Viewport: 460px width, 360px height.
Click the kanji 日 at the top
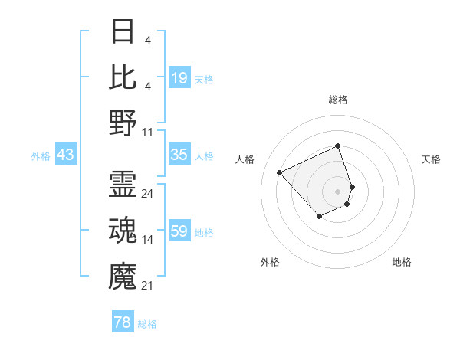123,31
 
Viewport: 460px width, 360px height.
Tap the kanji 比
123,77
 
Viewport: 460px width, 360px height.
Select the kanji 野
123,123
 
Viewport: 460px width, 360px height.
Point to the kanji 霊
123,185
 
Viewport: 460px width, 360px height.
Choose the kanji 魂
123,231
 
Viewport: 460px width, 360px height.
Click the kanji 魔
123,277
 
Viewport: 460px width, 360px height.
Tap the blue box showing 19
179,78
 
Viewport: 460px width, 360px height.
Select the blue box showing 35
179,155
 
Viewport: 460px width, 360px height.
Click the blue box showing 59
179,231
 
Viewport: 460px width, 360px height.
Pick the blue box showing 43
65,155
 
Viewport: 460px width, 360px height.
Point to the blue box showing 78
123,322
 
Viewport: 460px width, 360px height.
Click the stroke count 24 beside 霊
147,194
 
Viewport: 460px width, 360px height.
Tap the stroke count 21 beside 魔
147,286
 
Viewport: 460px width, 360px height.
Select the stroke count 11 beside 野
147,132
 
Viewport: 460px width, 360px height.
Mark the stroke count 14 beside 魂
147,240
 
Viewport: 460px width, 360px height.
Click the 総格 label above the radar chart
338,100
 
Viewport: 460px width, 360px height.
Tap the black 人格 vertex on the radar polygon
280,172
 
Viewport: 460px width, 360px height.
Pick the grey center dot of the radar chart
337,191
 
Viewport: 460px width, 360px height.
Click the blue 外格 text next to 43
41,155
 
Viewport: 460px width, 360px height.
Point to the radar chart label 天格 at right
432,159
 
